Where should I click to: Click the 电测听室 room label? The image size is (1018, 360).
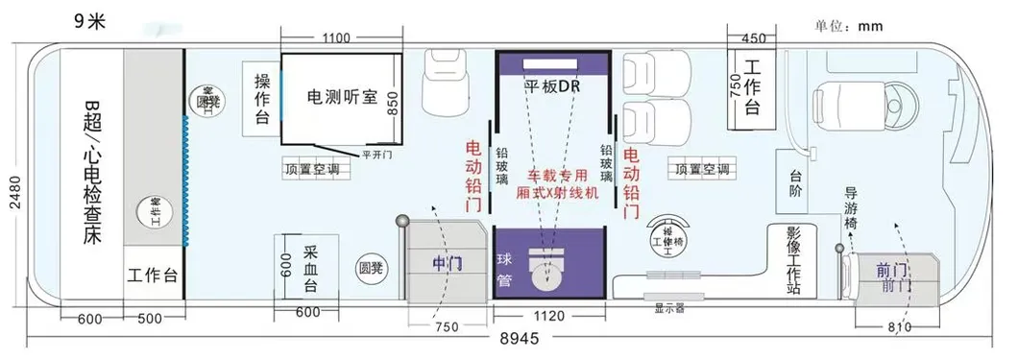(x=341, y=97)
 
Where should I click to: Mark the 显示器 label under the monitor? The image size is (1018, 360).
(x=668, y=309)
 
